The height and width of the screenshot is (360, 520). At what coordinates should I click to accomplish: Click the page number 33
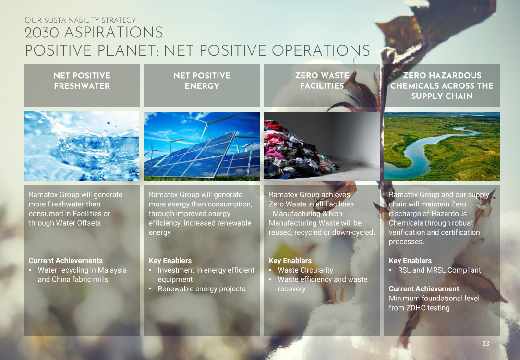pyautogui.click(x=485, y=343)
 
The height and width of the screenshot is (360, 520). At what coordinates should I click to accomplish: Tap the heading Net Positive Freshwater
pyautogui.click(x=82, y=81)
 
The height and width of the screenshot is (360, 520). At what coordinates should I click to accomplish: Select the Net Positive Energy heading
pyautogui.click(x=202, y=81)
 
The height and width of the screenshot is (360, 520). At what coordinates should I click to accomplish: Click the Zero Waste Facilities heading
pyautogui.click(x=322, y=81)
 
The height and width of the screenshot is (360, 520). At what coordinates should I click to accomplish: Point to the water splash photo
pyautogui.click(x=82, y=146)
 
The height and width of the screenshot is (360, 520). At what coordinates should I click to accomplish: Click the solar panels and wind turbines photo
pyautogui.click(x=202, y=146)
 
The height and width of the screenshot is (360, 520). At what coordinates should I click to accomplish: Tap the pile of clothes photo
pyautogui.click(x=322, y=146)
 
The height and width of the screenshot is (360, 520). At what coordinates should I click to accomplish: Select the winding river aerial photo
pyautogui.click(x=442, y=146)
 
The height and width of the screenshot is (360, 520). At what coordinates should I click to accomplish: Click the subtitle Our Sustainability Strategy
pyautogui.click(x=80, y=20)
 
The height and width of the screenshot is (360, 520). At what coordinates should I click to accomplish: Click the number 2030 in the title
pyautogui.click(x=42, y=33)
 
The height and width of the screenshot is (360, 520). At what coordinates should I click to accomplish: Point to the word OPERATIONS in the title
pyautogui.click(x=321, y=51)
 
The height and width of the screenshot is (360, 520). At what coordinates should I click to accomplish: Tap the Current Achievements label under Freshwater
pyautogui.click(x=66, y=261)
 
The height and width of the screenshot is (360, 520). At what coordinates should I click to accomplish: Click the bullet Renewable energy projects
pyautogui.click(x=202, y=289)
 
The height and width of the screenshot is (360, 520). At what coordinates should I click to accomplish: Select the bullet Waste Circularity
pyautogui.click(x=305, y=270)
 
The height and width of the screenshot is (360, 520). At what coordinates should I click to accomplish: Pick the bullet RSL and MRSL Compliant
pyautogui.click(x=439, y=270)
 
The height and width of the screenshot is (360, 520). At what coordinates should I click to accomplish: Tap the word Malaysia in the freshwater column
pyautogui.click(x=112, y=270)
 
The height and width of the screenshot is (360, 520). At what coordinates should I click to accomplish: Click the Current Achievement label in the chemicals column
pyautogui.click(x=424, y=289)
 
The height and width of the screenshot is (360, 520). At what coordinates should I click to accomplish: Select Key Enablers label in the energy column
pyautogui.click(x=170, y=261)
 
